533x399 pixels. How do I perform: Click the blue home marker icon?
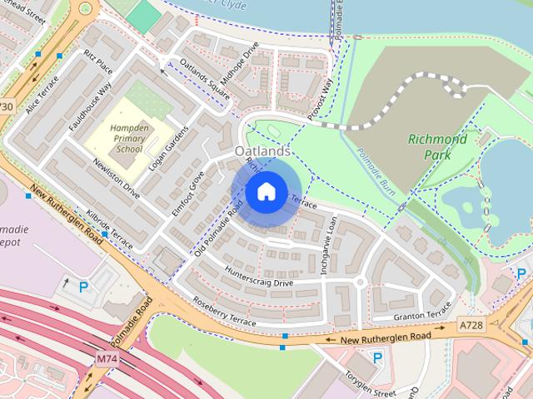pos(265,192)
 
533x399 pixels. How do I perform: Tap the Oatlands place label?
pos(263,152)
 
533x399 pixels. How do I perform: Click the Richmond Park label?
pos(437,146)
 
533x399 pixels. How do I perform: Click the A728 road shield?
pos(471,328)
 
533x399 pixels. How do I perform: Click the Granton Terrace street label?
pos(422,316)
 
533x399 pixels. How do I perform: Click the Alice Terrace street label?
pos(42,96)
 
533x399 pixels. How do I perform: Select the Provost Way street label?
pos(320,100)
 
